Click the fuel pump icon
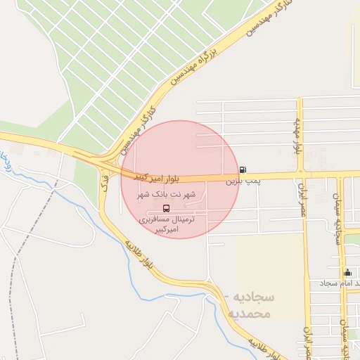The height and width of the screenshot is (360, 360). pos(243,169)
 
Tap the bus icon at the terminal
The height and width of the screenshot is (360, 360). pos(166,208)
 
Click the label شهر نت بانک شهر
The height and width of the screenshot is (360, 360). pos(167,194)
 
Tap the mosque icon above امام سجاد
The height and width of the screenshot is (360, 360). pos(347,273)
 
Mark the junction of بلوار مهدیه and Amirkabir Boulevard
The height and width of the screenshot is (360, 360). pos(301,174)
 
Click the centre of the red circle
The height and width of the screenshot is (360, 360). pos(180,179)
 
